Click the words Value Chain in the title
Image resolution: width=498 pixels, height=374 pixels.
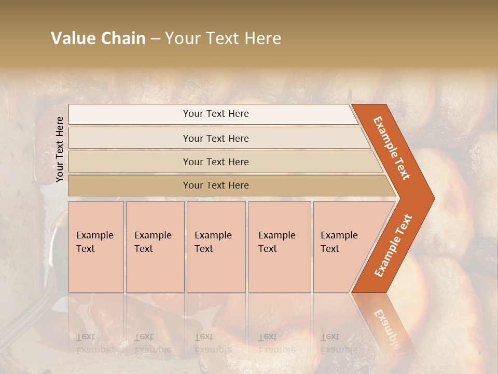[98, 38]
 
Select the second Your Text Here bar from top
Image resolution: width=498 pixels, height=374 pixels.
[216, 138]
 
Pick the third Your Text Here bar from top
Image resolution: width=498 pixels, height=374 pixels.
[216, 162]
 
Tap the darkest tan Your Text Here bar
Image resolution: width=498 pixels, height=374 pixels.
[216, 185]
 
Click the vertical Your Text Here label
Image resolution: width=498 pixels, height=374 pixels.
[60, 149]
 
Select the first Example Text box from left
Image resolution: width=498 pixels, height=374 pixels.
[96, 247]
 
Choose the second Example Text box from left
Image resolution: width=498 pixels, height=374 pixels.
[155, 247]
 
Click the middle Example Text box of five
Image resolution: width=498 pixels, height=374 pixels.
[216, 247]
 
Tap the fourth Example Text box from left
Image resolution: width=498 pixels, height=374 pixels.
[279, 247]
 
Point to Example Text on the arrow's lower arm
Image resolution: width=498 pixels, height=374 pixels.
[393, 245]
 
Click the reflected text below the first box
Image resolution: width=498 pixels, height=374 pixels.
[95, 343]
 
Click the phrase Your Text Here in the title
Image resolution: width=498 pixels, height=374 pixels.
[223, 38]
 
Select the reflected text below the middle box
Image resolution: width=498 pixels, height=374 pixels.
[213, 343]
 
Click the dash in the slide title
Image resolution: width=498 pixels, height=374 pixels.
[155, 38]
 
